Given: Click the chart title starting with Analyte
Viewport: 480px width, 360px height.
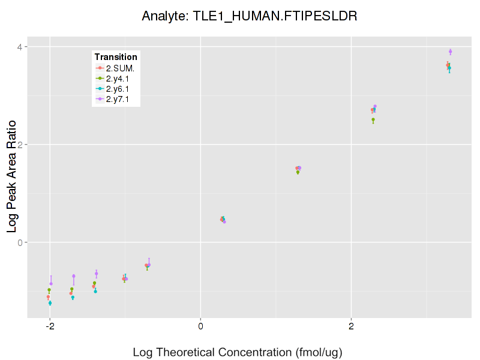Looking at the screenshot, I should pyautogui.click(x=249, y=16).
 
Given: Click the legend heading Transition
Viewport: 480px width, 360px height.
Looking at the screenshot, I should pyautogui.click(x=116, y=57).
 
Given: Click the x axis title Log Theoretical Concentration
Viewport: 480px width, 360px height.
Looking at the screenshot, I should pyautogui.click(x=237, y=352).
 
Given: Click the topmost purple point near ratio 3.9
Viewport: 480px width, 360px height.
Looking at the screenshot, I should pyautogui.click(x=450, y=52).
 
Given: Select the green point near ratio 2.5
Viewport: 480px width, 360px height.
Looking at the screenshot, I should pyautogui.click(x=373, y=120).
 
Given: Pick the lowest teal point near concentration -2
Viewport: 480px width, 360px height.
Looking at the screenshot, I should pyautogui.click(x=50, y=304).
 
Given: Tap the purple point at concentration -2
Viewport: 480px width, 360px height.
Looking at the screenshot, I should pyautogui.click(x=51, y=283).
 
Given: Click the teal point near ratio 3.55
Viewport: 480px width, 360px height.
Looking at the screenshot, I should pyautogui.click(x=449, y=68).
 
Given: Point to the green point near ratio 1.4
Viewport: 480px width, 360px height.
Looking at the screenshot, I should pyautogui.click(x=298, y=172).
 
